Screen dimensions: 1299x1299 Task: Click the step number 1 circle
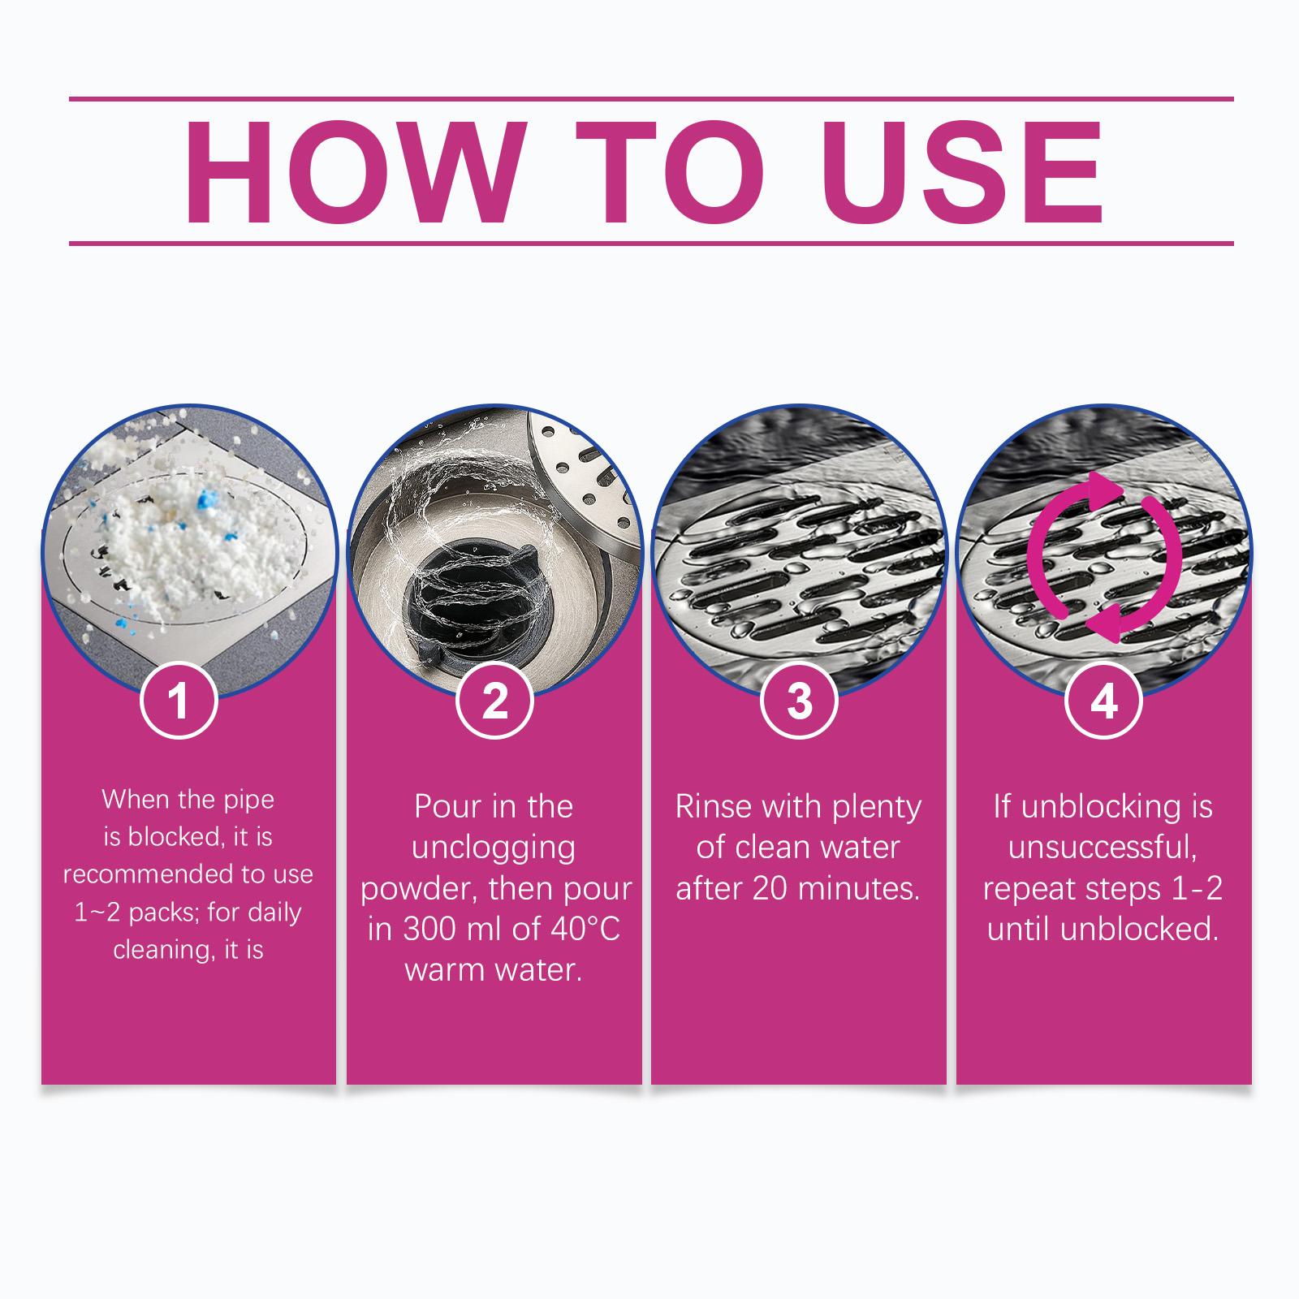tap(179, 700)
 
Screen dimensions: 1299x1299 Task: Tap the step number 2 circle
tap(494, 700)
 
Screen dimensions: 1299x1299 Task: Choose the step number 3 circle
tap(799, 700)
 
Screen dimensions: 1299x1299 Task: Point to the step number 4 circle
tap(1104, 700)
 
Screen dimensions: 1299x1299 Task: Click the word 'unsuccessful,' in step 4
tap(1103, 848)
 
